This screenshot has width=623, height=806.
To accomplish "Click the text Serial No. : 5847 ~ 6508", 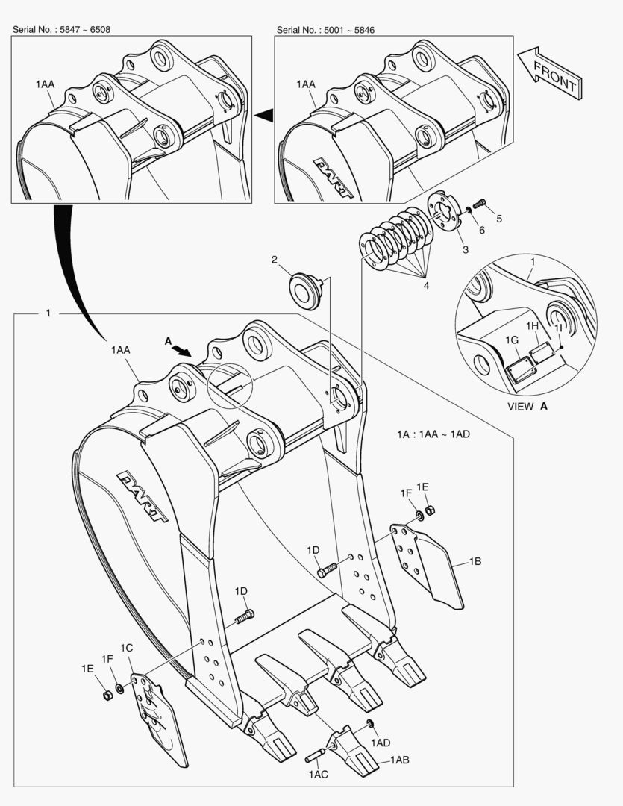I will click(x=63, y=29).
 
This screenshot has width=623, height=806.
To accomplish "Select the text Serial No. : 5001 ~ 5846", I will click(x=325, y=29).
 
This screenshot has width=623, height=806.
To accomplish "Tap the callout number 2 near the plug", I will click(x=275, y=260).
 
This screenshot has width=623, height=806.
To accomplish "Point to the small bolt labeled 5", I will click(x=480, y=203).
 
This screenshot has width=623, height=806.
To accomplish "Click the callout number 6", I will click(x=481, y=230).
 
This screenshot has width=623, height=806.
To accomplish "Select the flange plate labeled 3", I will click(x=442, y=213).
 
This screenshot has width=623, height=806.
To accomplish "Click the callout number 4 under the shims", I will click(x=426, y=284).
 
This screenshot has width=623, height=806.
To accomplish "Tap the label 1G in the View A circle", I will click(x=512, y=340).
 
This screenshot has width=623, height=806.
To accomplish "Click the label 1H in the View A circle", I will click(x=532, y=326).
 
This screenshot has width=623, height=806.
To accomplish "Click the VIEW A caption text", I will click(x=527, y=407).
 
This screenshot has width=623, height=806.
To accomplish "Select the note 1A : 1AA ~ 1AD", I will click(x=433, y=434).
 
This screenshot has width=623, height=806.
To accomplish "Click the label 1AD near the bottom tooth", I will click(x=381, y=743).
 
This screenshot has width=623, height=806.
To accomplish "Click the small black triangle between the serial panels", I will click(x=263, y=114).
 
